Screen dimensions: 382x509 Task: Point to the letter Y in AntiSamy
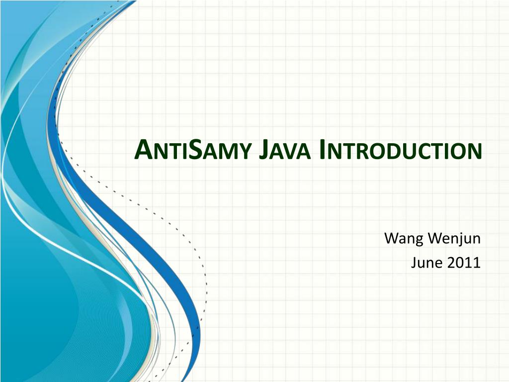point(242,152)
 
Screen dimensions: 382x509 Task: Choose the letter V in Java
point(287,152)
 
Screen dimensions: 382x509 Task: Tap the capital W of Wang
point(391,239)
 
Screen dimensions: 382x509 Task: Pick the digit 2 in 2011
point(451,263)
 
